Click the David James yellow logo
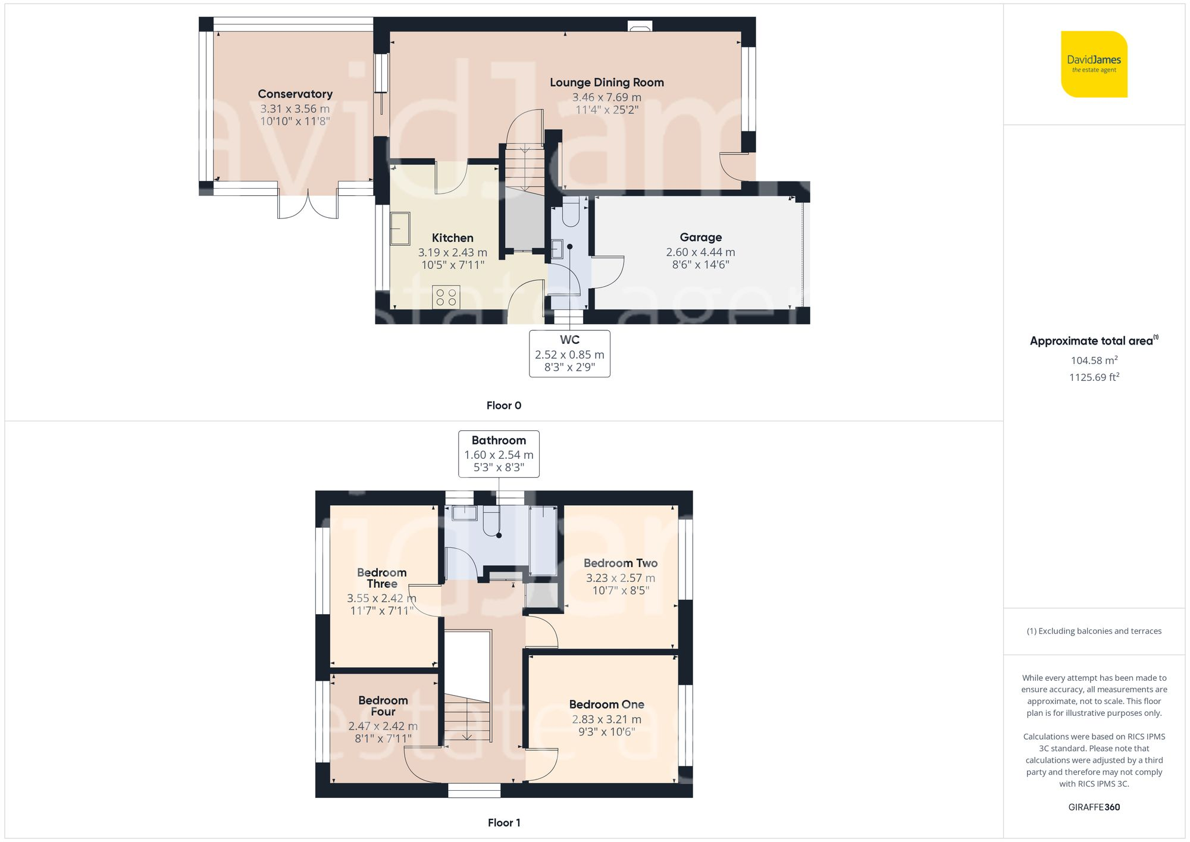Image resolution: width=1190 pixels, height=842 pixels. coord(1094,64)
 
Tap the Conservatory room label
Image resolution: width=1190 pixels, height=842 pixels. coord(295,94)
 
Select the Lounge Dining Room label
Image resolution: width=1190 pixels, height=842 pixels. coord(606,83)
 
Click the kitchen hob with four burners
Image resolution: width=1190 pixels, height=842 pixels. coord(446,298)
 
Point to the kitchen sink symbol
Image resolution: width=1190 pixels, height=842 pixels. coord(400,229)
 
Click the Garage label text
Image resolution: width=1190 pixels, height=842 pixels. coord(700,237)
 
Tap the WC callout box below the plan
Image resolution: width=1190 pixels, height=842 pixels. coord(569,353)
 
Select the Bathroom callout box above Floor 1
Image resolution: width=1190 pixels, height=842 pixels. coord(499,453)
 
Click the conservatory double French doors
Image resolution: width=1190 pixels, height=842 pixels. coord(308,205)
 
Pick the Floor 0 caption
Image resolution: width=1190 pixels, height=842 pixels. coord(503,406)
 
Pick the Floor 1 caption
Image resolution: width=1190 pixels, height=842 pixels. coord(503,823)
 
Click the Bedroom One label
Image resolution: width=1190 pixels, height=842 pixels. coord(606,705)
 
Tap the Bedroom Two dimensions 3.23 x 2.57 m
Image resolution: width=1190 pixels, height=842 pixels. coord(620,578)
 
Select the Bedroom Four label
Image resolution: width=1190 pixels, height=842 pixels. coord(383,706)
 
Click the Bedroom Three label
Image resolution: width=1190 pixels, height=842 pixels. coord(381,578)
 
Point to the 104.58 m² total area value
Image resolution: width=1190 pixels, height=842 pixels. coord(1094,361)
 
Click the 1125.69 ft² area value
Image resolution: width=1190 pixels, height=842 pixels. coord(1094,377)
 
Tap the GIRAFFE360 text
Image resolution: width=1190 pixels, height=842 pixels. coord(1094,807)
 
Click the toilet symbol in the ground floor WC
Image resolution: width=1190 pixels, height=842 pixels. coord(570,212)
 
